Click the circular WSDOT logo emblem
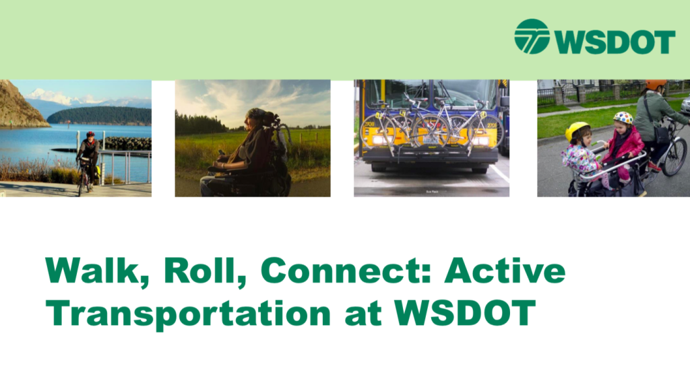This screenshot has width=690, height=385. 532,36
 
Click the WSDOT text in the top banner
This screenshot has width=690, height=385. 615,42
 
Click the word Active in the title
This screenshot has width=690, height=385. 505,271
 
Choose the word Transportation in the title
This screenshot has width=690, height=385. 188,314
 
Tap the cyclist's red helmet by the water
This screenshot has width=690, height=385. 90,134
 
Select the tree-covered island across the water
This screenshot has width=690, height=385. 99,116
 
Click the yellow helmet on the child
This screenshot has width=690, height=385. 577,131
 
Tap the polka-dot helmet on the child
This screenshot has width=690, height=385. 623,117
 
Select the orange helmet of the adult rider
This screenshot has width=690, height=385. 656,84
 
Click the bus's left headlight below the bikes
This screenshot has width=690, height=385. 378,141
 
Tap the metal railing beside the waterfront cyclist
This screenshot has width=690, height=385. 124,166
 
